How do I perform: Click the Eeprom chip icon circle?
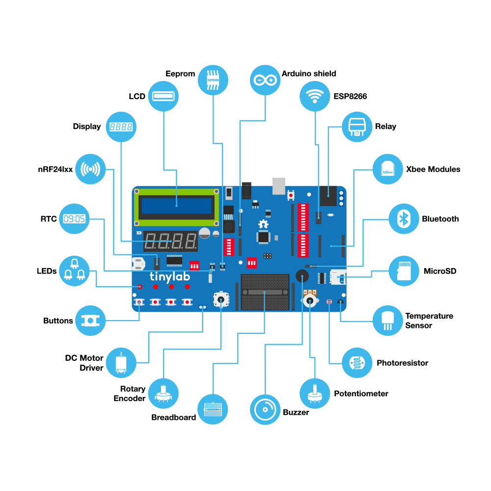[213, 80]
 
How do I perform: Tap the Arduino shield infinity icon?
[265, 80]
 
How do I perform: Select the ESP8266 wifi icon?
[315, 96]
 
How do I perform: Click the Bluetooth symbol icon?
[404, 218]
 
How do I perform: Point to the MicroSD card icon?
[404, 271]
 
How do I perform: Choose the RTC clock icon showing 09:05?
[74, 218]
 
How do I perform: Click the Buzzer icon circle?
[265, 409]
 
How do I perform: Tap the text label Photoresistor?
[402, 363]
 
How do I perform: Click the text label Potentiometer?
[361, 393]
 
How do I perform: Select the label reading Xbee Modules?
[433, 169]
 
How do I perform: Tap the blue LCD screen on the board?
[176, 206]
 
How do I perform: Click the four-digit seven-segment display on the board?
[171, 242]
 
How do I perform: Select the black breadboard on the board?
[265, 292]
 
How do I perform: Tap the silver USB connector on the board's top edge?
[279, 185]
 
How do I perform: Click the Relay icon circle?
[357, 126]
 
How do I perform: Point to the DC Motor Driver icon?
[121, 363]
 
